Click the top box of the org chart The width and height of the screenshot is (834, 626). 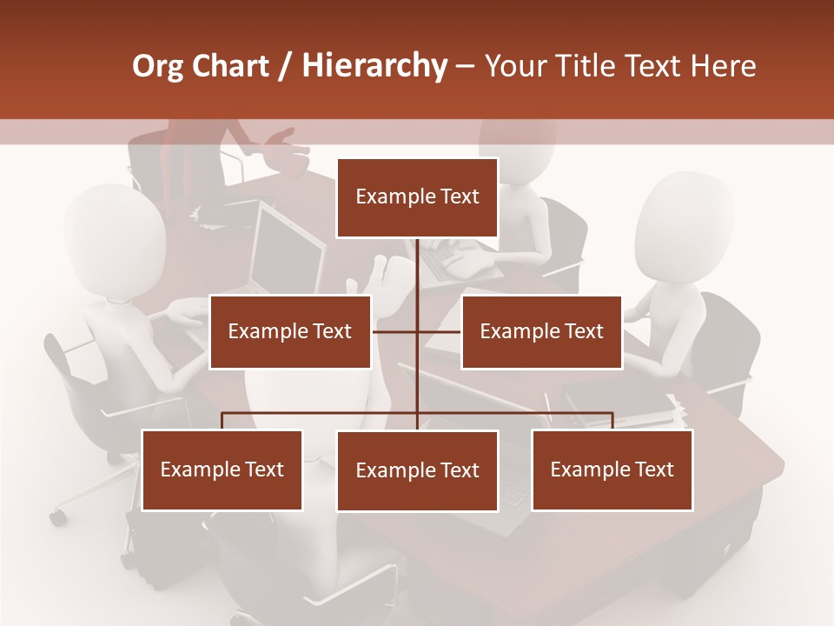[x=417, y=197]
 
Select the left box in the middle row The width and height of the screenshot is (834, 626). [x=290, y=331]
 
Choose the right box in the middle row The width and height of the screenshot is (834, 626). [x=541, y=331]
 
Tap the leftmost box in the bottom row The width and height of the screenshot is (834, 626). [x=222, y=469]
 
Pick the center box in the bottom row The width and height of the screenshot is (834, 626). [x=417, y=470]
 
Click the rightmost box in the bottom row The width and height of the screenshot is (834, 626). [x=612, y=469]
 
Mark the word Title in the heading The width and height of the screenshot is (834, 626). [x=590, y=66]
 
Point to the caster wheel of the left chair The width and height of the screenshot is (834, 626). [x=58, y=517]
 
